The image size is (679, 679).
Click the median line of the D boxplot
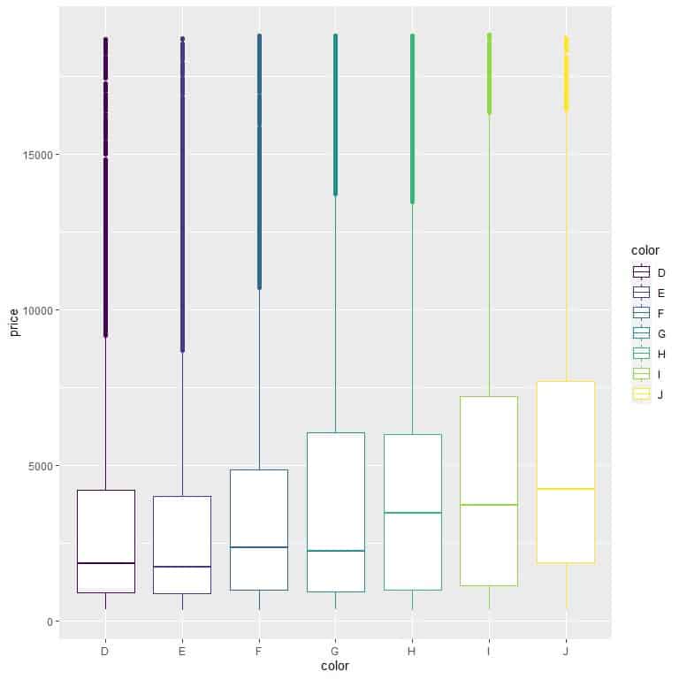coord(105,563)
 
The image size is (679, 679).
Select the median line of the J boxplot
coord(566,489)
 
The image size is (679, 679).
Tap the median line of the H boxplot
coord(412,513)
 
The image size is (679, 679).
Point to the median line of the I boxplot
coord(489,505)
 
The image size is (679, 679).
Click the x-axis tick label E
coord(182,652)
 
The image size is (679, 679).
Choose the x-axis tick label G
coord(336,652)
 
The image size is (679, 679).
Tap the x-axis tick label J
coord(566,652)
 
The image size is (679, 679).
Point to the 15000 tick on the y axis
coord(41,155)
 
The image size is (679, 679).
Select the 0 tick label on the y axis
coord(52,622)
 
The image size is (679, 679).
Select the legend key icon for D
coord(642,272)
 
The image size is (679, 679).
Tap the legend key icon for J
coord(642,394)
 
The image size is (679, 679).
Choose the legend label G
coord(662,333)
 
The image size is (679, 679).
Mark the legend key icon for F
coord(642,313)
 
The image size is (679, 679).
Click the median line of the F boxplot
coord(259,547)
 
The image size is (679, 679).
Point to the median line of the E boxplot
coord(182,567)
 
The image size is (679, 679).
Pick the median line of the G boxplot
coord(336,551)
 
